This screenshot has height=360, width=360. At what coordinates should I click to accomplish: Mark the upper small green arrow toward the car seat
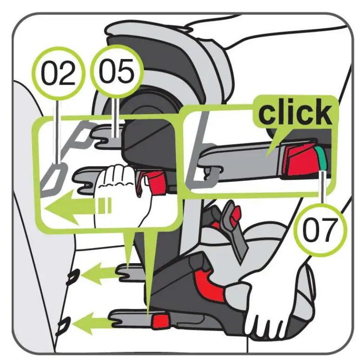click(x=100, y=272)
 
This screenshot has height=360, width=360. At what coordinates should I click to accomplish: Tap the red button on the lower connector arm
click(x=161, y=320)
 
